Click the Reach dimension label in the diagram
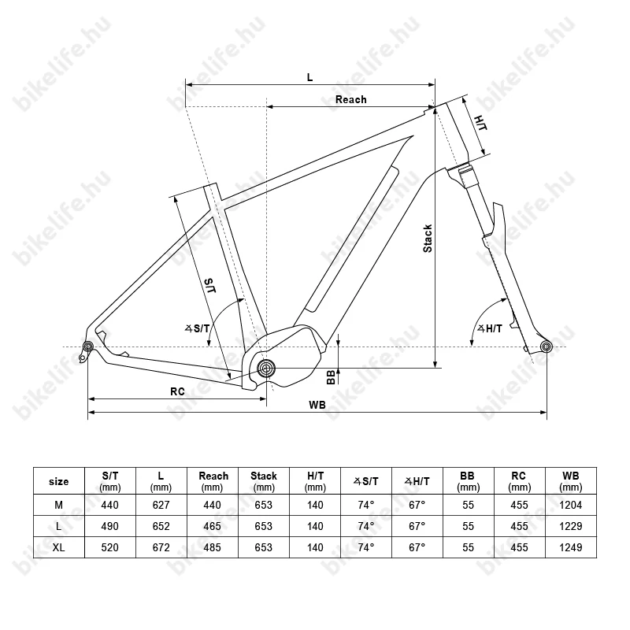click(x=350, y=100)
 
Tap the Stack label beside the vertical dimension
click(x=428, y=239)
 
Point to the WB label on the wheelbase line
click(x=317, y=405)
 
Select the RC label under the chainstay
click(x=177, y=391)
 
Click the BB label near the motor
click(x=331, y=377)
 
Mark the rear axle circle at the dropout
click(x=88, y=346)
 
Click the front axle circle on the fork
click(x=546, y=346)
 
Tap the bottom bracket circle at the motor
click(x=265, y=368)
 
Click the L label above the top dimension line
click(x=309, y=77)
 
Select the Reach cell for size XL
click(x=212, y=547)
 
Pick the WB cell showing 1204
click(x=570, y=505)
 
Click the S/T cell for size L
click(x=109, y=526)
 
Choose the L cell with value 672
click(x=161, y=547)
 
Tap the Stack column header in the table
click(x=264, y=481)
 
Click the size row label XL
click(x=58, y=547)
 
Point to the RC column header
click(x=519, y=481)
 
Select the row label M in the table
click(x=58, y=505)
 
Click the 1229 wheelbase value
click(x=570, y=526)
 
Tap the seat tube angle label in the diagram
click(x=198, y=328)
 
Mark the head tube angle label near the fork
click(x=490, y=328)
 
